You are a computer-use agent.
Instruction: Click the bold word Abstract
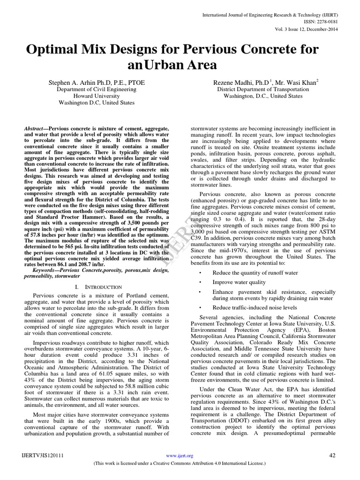pos(35,128)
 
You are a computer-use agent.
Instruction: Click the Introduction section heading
pos(98,287)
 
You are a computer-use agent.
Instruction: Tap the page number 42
pos(333,455)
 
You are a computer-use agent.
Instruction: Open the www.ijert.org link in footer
pos(180,456)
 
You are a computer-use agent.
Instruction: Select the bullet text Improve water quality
pos(239,282)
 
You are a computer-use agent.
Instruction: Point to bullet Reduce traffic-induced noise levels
pos(255,307)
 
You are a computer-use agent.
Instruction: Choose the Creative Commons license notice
pos(180,463)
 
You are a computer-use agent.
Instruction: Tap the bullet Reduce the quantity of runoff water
pos(255,272)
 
